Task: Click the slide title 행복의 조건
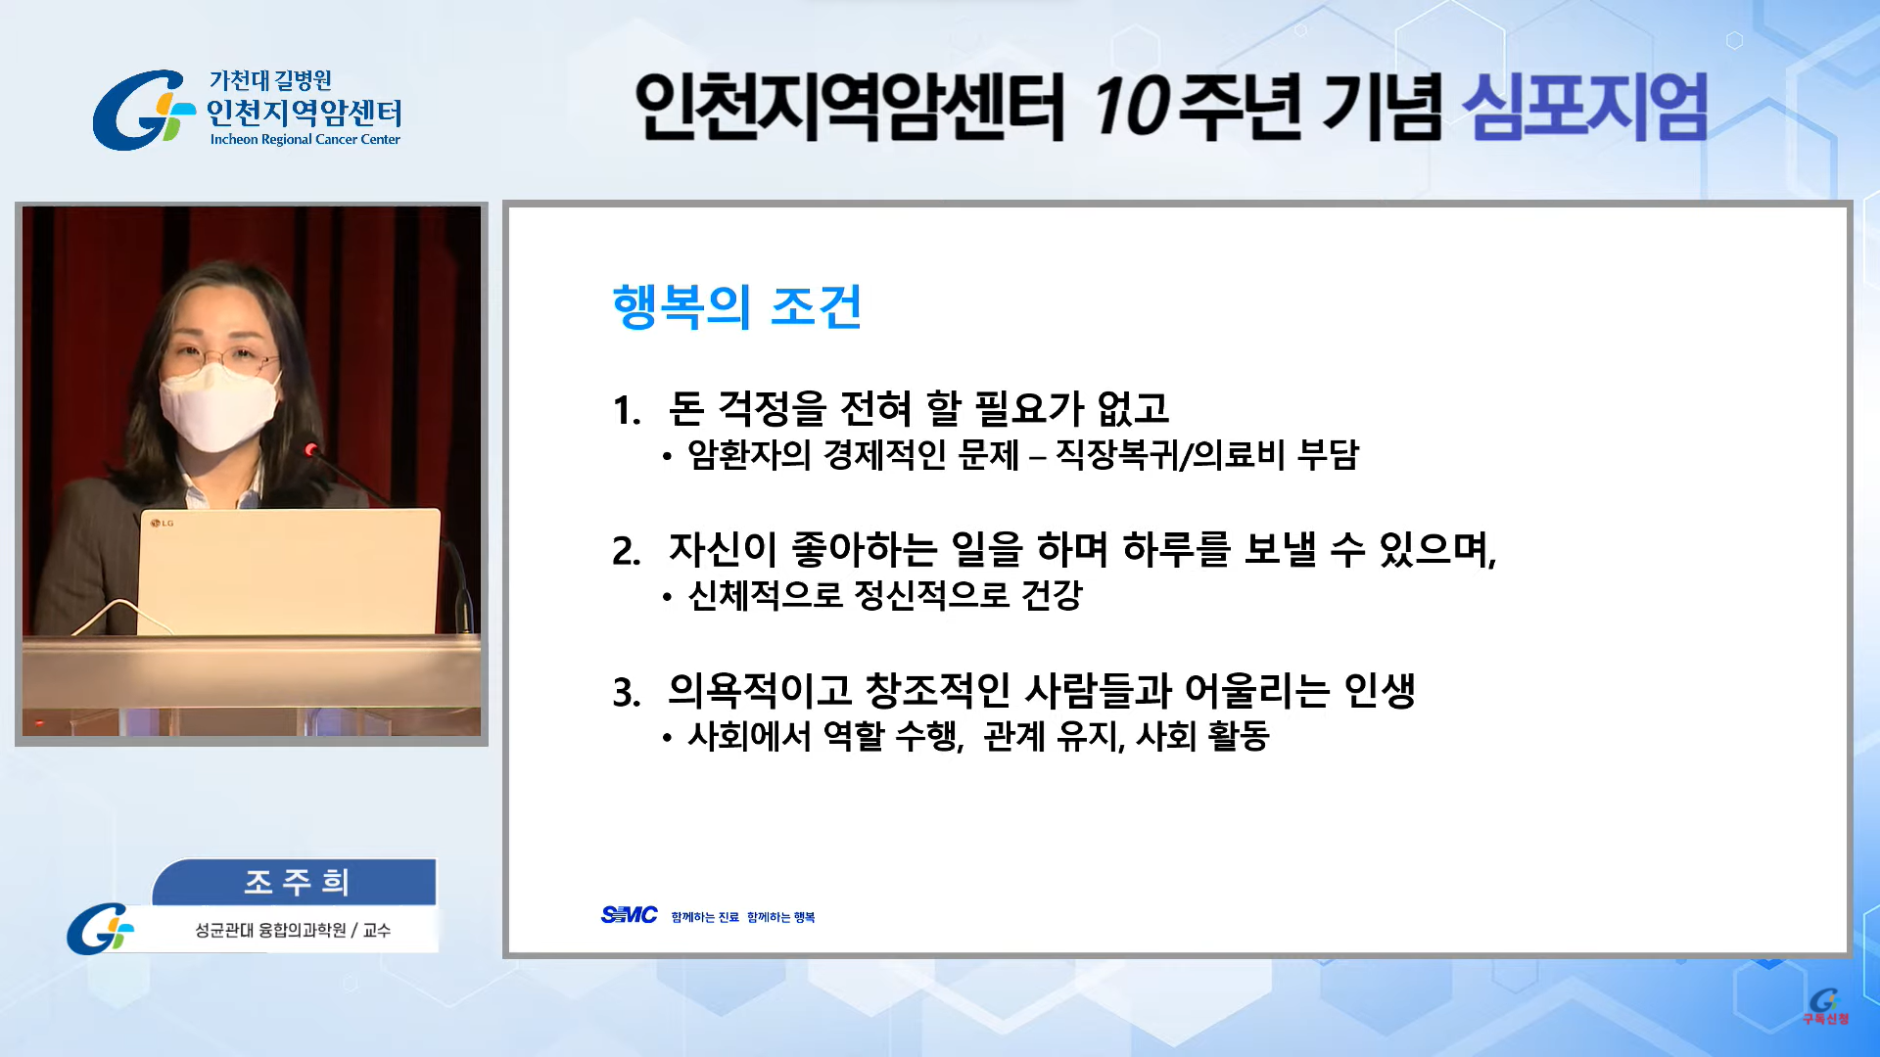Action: [x=736, y=306]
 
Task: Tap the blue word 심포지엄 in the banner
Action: [x=1584, y=107]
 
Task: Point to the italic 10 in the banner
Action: [x=1131, y=107]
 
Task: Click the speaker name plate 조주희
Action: [x=296, y=882]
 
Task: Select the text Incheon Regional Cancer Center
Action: [x=305, y=140]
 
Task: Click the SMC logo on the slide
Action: [x=629, y=915]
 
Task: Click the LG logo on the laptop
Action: [x=163, y=524]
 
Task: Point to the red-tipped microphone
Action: [x=311, y=450]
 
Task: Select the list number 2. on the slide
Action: [x=627, y=552]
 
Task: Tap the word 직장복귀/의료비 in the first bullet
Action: [x=1170, y=455]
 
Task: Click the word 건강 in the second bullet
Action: [x=1052, y=595]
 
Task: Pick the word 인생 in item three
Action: [x=1380, y=691]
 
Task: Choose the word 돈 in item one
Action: [x=686, y=409]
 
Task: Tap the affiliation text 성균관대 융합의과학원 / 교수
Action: [x=293, y=930]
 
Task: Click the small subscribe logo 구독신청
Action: [x=1825, y=1007]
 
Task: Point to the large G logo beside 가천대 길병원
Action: [x=143, y=110]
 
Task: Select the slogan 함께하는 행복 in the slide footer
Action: [x=780, y=917]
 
